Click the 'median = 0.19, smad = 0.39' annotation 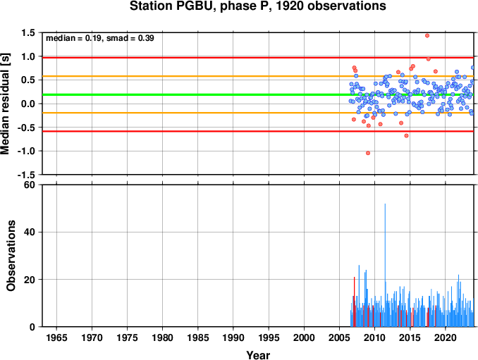[x=99, y=38]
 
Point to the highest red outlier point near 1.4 [x=427, y=36]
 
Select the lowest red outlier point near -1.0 [x=368, y=153]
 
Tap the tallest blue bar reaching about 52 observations [x=385, y=265]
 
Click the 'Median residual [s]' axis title [x=5, y=104]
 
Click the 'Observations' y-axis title [x=11, y=256]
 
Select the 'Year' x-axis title [x=258, y=355]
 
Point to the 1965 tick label [x=56, y=337]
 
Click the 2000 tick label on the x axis [x=304, y=337]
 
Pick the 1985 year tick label [x=198, y=337]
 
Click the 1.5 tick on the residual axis [x=28, y=32]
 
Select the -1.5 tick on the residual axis [x=26, y=175]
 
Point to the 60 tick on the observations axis [x=30, y=185]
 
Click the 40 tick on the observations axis [x=30, y=232]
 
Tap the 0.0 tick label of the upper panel [x=28, y=104]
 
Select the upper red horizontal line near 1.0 [x=258, y=58]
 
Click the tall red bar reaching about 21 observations [x=354, y=302]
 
